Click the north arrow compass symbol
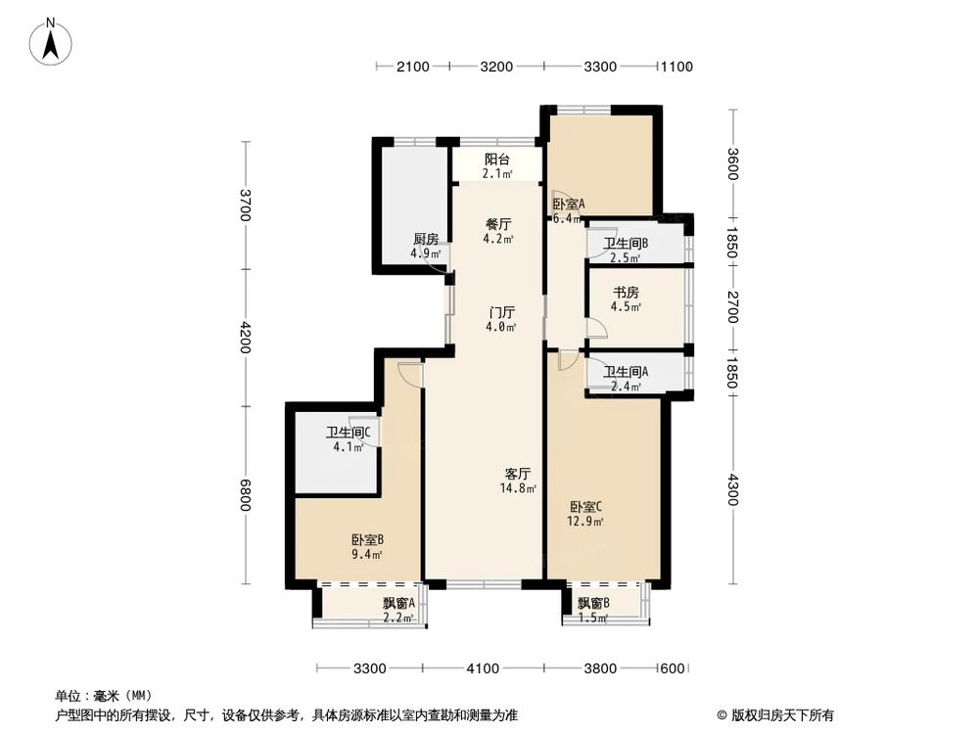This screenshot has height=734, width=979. tap(52, 42)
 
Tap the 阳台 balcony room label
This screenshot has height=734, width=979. tap(497, 160)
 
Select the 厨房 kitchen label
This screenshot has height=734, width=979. tap(425, 240)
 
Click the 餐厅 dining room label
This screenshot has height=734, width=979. tap(498, 224)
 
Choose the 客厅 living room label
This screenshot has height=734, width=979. tap(517, 473)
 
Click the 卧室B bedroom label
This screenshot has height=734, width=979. tap(367, 539)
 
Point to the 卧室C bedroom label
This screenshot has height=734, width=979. tap(586, 507)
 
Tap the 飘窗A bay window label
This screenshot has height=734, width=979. tap(399, 603)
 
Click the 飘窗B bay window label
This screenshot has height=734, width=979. tap(593, 603)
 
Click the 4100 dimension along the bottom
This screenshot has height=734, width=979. tap(482, 668)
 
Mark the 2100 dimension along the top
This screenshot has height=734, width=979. tap(412, 67)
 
